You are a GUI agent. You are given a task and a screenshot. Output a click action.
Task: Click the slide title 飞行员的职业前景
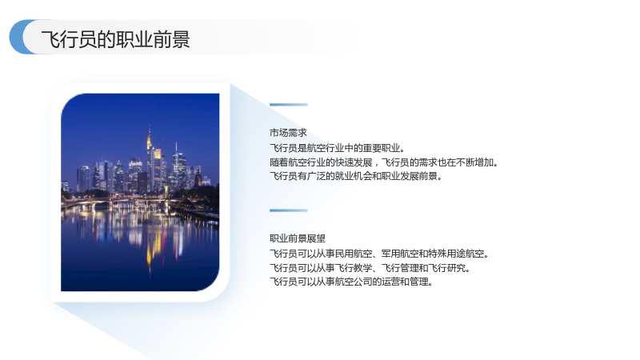115,39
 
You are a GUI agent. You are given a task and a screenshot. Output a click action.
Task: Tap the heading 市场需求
288,133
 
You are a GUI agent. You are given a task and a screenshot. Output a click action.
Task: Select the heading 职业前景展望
298,238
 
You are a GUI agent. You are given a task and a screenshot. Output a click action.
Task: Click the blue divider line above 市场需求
289,105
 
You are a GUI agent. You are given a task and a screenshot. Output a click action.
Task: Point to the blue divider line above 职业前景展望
289,210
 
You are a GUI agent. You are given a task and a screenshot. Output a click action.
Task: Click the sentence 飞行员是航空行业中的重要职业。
337,148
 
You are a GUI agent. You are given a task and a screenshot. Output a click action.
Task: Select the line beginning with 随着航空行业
384,162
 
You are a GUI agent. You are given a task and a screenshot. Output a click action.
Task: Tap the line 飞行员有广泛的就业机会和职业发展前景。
356,176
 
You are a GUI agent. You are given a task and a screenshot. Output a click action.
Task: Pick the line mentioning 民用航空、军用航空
379,254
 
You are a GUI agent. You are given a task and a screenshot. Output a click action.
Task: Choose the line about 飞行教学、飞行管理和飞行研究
370,268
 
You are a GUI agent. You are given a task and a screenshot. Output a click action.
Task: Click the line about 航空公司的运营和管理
351,282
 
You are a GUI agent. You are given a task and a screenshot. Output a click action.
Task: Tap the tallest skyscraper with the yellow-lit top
150,159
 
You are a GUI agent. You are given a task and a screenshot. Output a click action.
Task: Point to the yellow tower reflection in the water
150,249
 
